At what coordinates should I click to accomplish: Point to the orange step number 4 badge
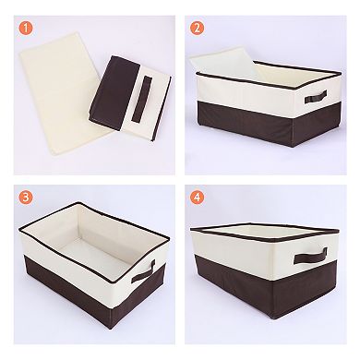(x=196, y=197)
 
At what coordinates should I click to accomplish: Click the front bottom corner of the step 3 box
(x=108, y=339)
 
